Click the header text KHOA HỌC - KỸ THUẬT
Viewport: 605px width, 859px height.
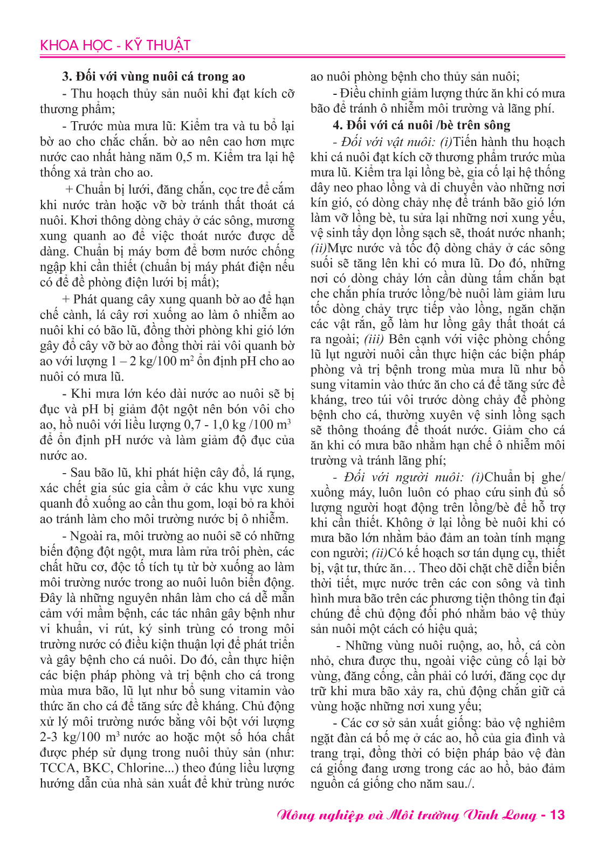tap(115, 45)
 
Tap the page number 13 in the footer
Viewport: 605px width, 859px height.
tap(557, 814)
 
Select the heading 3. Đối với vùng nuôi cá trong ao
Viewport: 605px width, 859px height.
tap(154, 77)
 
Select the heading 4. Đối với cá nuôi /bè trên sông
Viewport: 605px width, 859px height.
tap(421, 125)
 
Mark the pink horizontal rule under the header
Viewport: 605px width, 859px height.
tap(302, 56)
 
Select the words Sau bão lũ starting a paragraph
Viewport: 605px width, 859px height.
tap(100, 473)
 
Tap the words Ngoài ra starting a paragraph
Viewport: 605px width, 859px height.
tap(94, 536)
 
